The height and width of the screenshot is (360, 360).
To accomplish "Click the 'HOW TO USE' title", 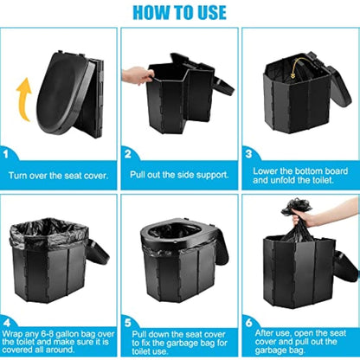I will coord(180,13).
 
